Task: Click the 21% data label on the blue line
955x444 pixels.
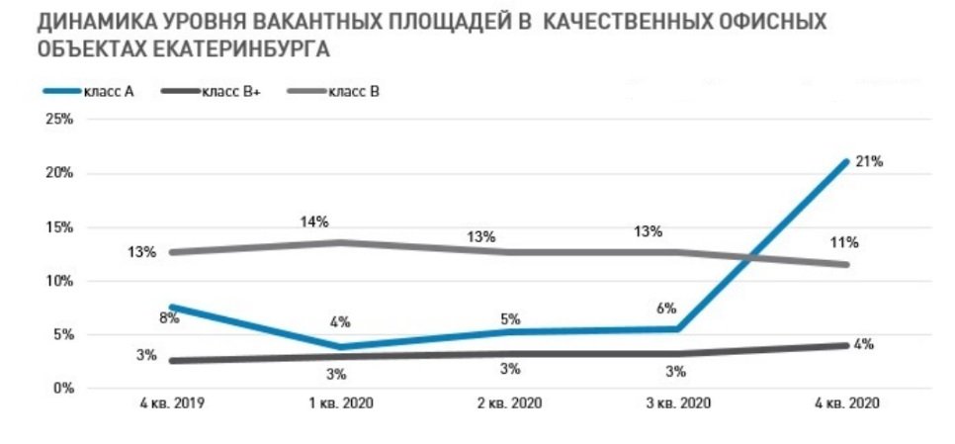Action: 870,161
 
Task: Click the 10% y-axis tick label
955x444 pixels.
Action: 61,281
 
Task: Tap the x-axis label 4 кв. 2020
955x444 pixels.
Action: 846,404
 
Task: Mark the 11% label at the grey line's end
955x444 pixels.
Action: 845,242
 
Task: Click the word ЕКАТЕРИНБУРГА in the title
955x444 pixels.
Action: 236,47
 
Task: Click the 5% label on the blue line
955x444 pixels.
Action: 510,319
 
